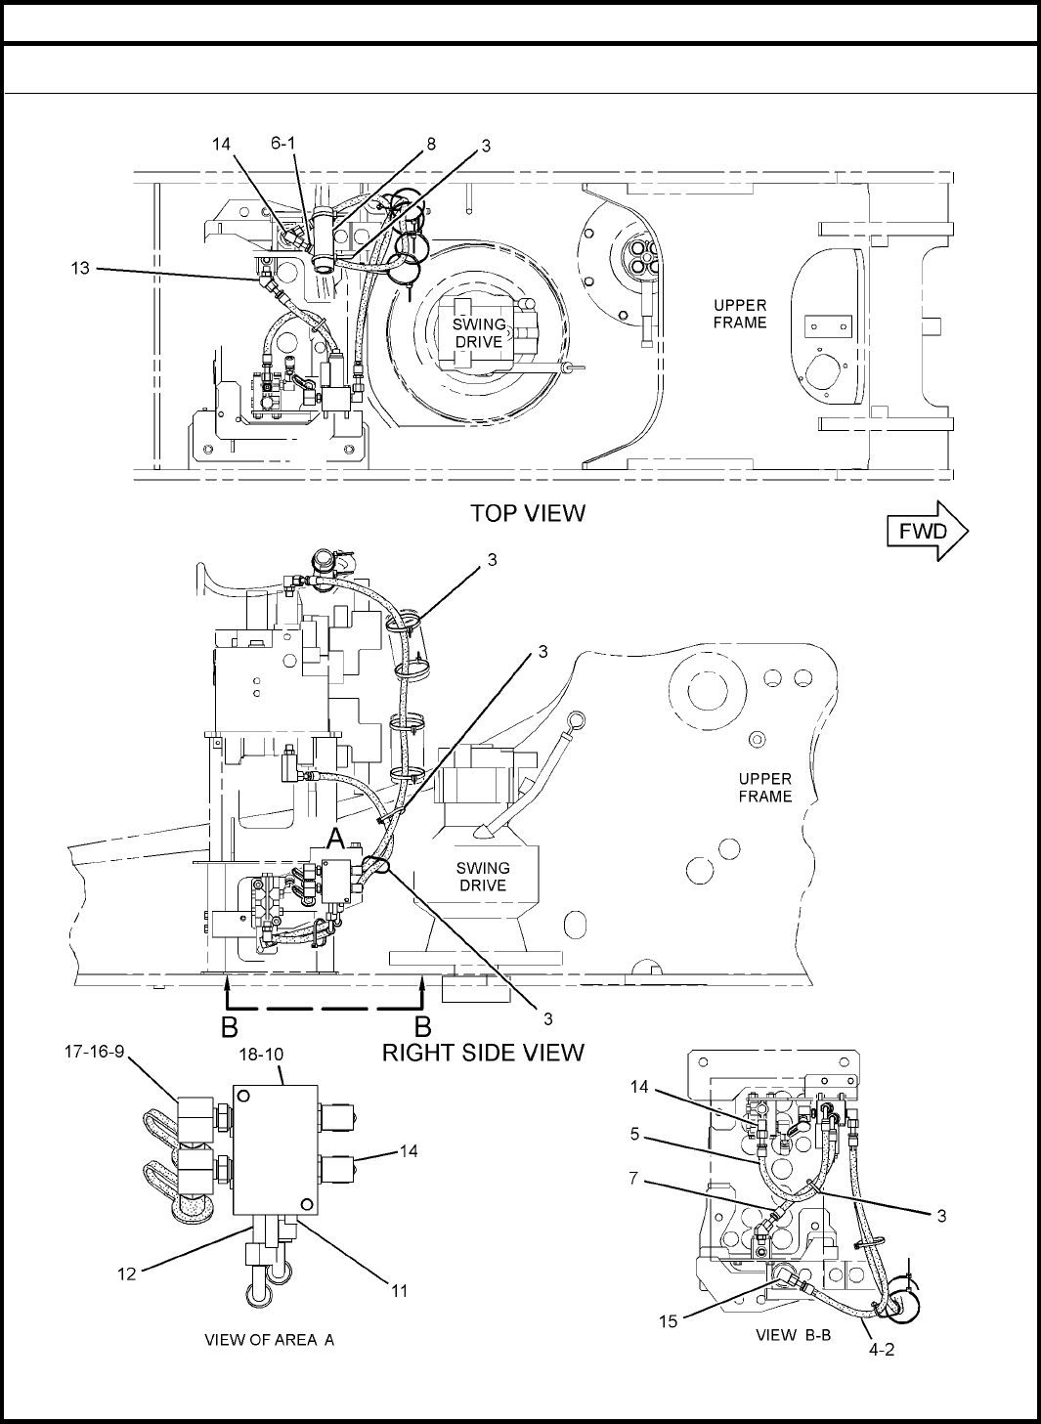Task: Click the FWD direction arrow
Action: (928, 531)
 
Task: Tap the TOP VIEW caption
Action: (528, 513)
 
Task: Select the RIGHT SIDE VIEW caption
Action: (483, 1053)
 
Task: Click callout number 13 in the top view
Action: (80, 268)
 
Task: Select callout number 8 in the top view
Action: (431, 145)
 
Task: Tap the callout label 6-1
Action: (283, 143)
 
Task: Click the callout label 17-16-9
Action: (94, 1052)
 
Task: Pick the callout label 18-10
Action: (261, 1055)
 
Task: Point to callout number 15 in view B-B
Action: (669, 1321)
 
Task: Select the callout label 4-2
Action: (882, 1349)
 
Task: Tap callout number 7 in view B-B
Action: (633, 1178)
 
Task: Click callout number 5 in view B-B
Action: (634, 1134)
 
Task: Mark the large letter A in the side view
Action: (336, 840)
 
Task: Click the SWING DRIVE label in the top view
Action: (479, 333)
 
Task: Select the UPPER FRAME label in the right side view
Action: (765, 788)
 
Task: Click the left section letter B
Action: (230, 1027)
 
